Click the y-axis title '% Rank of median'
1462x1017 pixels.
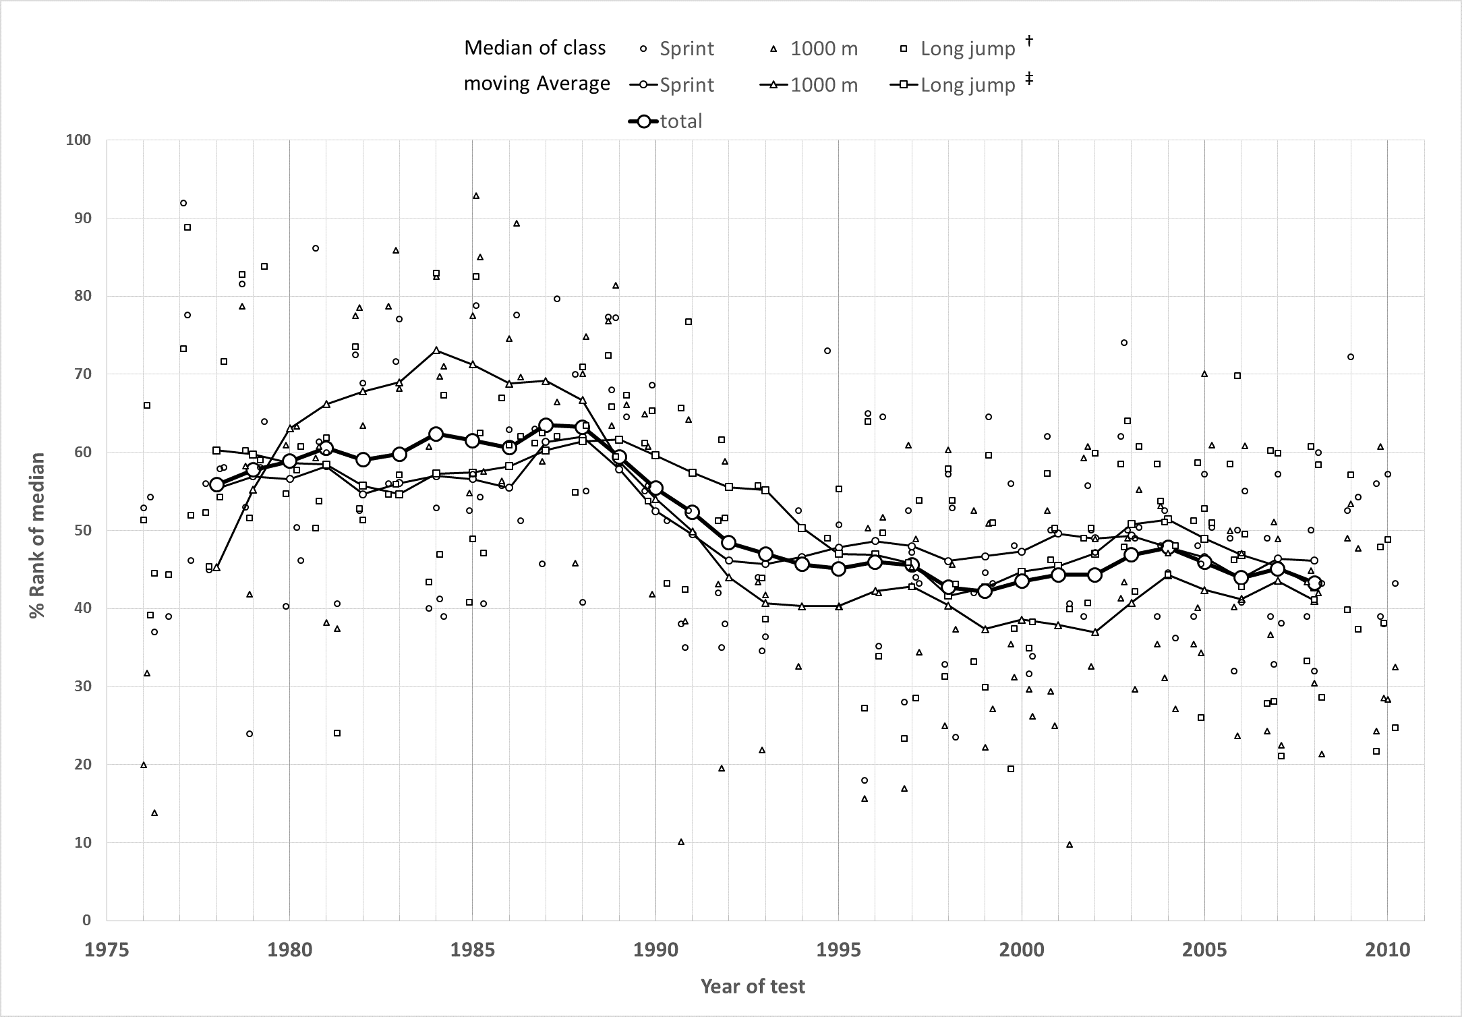pos(38,535)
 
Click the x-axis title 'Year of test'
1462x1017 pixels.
pos(753,987)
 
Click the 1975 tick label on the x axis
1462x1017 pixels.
pos(107,950)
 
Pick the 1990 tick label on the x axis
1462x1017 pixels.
pos(655,950)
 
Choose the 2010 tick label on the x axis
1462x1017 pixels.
pos(1387,950)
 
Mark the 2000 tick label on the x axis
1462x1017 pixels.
pos(1022,950)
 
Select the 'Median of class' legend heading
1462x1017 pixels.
pos(535,48)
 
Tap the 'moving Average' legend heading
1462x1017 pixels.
pos(537,84)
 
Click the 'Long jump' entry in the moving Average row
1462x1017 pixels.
pos(968,85)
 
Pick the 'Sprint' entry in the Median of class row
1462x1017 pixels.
pos(686,49)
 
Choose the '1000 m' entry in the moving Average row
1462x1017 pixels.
pos(824,85)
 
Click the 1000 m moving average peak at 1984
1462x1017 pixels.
pos(436,350)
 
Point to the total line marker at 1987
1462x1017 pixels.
pos(546,426)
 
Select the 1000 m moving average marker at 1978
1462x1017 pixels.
pos(216,568)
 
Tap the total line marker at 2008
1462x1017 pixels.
pos(1314,583)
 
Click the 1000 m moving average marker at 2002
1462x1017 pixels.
pos(1095,632)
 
